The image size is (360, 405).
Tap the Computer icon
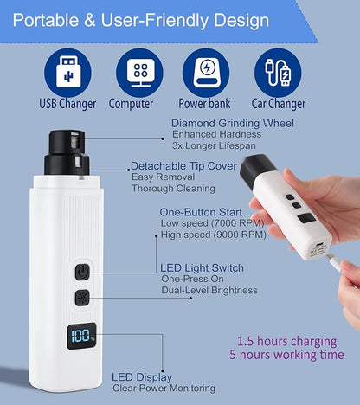click(140, 73)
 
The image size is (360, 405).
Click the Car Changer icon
click(279, 73)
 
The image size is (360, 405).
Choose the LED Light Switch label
click(202, 267)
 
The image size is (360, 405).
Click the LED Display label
click(141, 377)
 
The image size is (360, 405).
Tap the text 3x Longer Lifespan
click(216, 145)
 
